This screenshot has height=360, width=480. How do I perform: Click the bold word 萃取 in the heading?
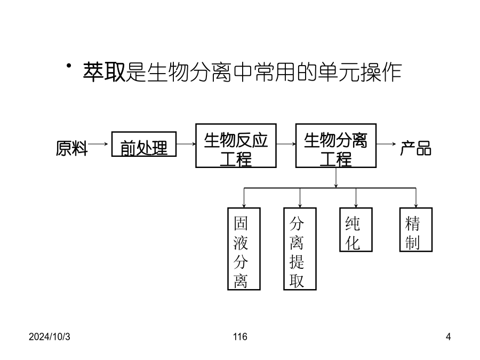point(103,73)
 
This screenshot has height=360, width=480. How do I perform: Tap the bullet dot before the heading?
point(69,66)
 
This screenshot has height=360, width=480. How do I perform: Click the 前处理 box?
point(143,145)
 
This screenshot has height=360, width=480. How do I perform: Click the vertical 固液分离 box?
point(244,249)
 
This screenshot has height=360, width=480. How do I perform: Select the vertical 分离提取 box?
point(300,249)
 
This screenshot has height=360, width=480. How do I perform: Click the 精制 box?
point(416,229)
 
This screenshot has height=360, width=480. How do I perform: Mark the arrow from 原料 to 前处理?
point(99,144)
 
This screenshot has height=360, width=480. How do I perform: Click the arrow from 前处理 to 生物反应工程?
point(186,144)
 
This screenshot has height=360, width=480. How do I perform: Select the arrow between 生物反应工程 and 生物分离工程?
point(286,144)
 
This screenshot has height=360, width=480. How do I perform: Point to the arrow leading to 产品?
point(386,144)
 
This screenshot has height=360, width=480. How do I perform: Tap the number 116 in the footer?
point(240,337)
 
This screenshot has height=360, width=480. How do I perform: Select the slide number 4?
point(448,337)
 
